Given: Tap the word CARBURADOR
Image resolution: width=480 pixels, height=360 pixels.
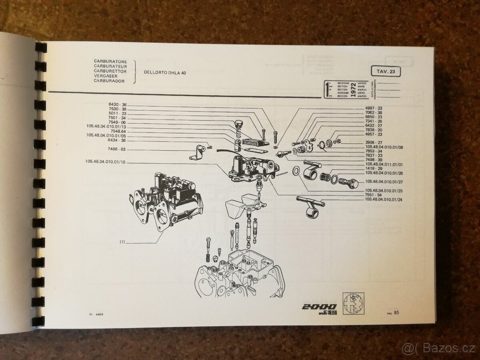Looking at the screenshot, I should pyautogui.click(x=109, y=81).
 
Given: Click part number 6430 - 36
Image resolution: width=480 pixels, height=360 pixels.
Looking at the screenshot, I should pyautogui.click(x=117, y=104).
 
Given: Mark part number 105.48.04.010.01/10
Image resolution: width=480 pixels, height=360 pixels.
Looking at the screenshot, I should pyautogui.click(x=105, y=162).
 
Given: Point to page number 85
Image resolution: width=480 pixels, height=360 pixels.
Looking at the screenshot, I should pyautogui.click(x=396, y=312).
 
